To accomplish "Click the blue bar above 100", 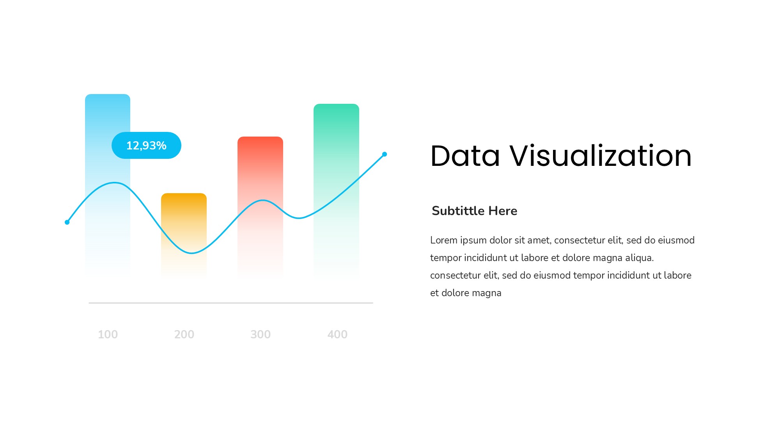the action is click(x=108, y=183).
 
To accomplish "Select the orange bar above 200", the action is click(x=184, y=234).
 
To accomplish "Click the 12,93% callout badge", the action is click(x=146, y=146).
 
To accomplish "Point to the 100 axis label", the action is click(x=108, y=334).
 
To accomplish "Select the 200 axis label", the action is click(x=184, y=334).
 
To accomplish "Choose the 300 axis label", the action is click(x=261, y=334).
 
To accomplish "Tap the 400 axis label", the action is click(x=337, y=334).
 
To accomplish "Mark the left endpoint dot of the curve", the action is click(x=67, y=222).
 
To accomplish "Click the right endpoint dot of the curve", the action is click(x=385, y=154).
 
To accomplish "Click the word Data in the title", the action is click(x=465, y=156).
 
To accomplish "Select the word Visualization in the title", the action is click(x=601, y=156).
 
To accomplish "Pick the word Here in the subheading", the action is click(x=503, y=211).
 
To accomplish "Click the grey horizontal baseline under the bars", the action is click(x=231, y=303).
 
